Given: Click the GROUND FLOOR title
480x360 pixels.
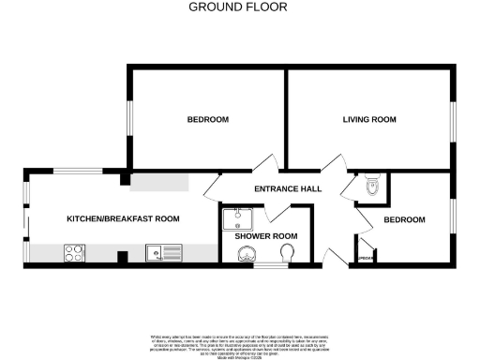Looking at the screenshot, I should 238,7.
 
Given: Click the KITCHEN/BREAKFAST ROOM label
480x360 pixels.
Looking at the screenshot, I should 122,218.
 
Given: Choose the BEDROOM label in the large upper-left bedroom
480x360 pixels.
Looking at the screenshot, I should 207,120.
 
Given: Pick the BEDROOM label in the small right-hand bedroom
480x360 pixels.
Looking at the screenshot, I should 404,219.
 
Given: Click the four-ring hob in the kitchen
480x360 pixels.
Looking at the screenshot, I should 74,251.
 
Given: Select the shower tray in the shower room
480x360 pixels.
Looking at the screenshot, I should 240,218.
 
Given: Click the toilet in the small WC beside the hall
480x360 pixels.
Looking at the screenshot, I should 372,186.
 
